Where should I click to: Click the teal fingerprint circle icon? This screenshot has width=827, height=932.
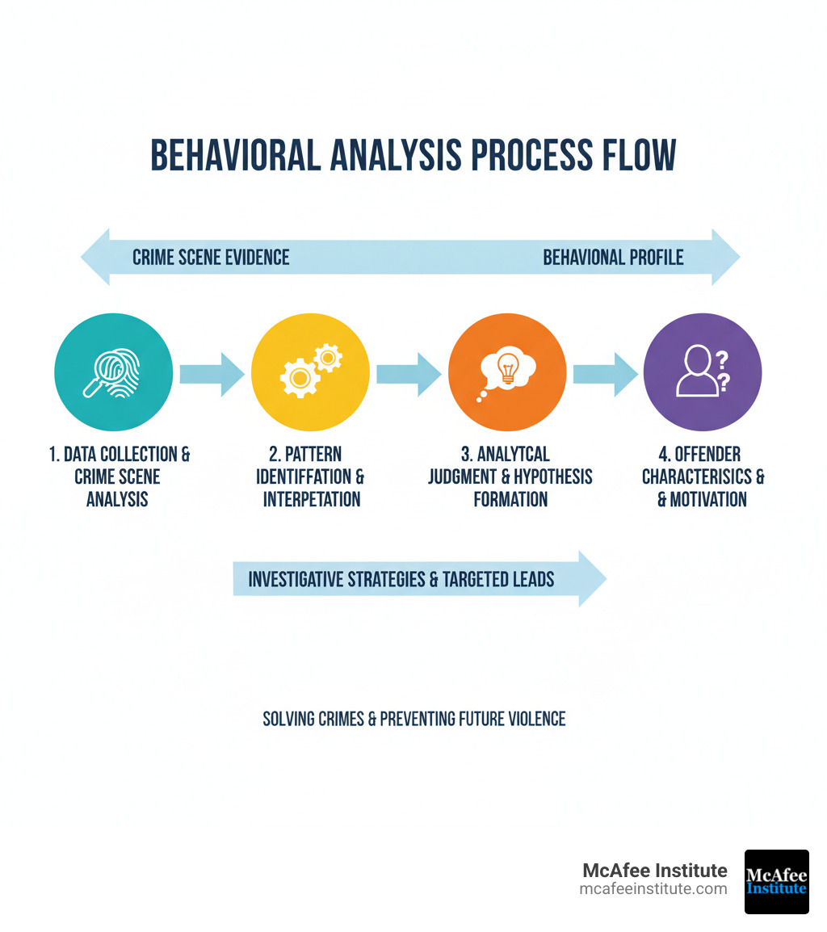[x=113, y=372]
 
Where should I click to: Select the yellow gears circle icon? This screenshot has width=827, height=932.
[x=310, y=372]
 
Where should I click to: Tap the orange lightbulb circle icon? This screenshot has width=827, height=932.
[x=507, y=372]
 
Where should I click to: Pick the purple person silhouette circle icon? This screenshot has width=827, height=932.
[x=703, y=372]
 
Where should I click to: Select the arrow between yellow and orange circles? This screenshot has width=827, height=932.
[x=409, y=374]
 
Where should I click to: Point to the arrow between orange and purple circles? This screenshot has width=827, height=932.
[x=605, y=374]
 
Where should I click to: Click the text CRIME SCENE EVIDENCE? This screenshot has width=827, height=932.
[x=211, y=258]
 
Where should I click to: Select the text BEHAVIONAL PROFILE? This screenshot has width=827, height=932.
[x=613, y=258]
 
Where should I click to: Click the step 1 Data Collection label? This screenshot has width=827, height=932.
[x=119, y=476]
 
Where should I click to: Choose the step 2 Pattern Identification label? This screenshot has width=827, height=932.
[x=312, y=476]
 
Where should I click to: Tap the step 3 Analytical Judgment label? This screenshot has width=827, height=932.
[x=510, y=476]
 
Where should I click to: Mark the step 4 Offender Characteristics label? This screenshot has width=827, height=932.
[x=703, y=476]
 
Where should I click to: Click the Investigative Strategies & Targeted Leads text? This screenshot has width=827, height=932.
[x=401, y=579]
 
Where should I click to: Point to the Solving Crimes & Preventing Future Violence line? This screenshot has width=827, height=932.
[x=414, y=718]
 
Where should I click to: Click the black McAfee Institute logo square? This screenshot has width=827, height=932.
[x=776, y=881]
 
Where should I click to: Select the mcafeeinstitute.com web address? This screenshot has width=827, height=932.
[x=653, y=889]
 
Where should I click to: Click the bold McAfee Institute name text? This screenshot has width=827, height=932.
[x=654, y=871]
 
